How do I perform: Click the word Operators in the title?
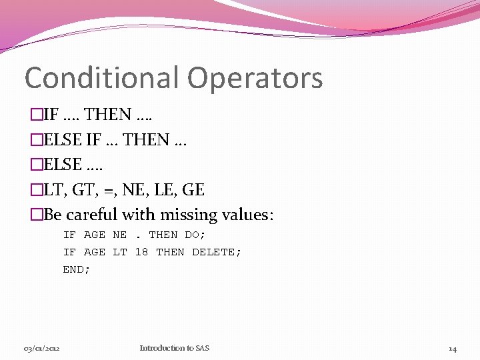click(x=255, y=78)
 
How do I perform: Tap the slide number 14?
click(x=452, y=349)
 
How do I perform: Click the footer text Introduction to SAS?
click(x=174, y=348)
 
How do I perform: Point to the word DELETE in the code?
click(x=216, y=252)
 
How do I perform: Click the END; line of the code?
click(x=76, y=269)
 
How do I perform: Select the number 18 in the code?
click(x=141, y=252)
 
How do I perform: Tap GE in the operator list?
click(x=193, y=190)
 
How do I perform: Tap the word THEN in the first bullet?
click(x=109, y=115)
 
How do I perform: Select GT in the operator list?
click(x=86, y=190)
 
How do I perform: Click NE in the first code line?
click(x=120, y=235)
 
